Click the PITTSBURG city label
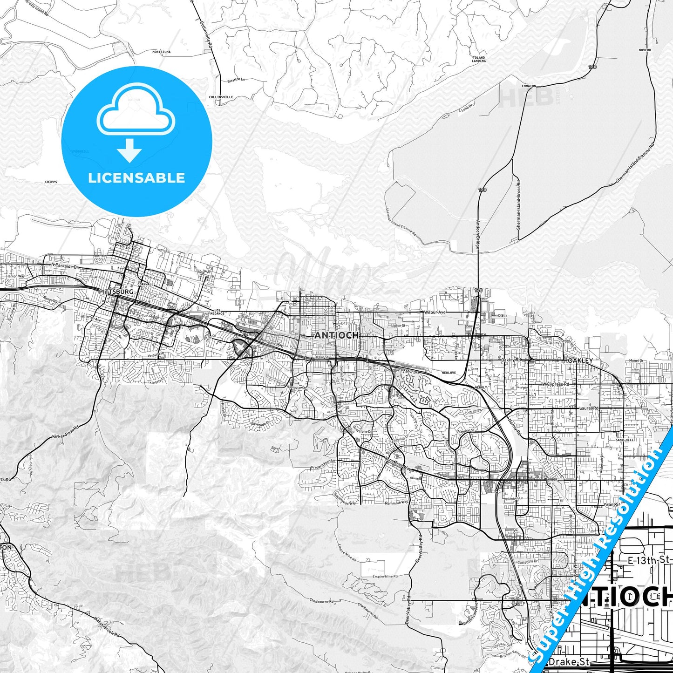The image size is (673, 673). click(116, 292)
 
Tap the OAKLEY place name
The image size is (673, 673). click(580, 360)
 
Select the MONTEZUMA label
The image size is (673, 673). click(161, 52)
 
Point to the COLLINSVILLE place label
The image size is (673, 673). click(221, 97)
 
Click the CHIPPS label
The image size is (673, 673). click(51, 182)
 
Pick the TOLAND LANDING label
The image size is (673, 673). click(478, 59)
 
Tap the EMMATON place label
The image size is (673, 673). click(529, 86)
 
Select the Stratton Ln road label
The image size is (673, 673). click(236, 80)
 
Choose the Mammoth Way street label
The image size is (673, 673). click(396, 502)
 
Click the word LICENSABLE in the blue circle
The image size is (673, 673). click(136, 178)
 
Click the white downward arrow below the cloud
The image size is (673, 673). click(129, 150)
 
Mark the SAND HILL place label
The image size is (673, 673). click(624, 440)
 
